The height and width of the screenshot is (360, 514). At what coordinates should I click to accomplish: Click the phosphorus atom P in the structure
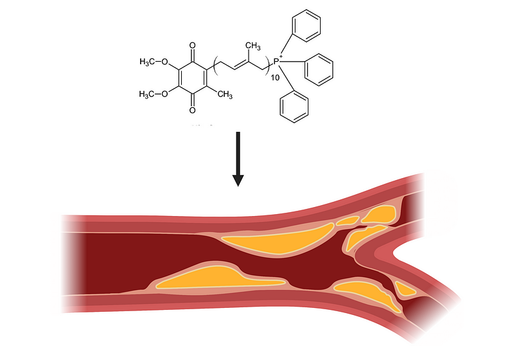276,61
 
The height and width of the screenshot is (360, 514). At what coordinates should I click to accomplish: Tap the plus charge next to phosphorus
281,57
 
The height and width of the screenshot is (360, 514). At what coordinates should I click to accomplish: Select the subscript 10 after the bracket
276,78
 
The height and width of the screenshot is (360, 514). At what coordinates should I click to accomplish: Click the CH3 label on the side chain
253,46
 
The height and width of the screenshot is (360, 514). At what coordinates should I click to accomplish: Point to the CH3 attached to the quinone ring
225,94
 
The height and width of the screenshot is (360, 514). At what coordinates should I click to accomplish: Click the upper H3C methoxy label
146,62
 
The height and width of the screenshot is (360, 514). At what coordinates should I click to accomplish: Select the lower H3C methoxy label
146,94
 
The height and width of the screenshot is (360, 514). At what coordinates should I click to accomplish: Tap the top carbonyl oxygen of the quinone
192,45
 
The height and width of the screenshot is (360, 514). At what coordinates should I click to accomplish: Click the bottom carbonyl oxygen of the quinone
192,110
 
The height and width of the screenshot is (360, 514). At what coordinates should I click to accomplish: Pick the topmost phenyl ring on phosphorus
306,26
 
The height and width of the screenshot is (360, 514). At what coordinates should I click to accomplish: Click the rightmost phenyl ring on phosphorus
319,70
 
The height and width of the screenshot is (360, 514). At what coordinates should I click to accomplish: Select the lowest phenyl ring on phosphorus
294,107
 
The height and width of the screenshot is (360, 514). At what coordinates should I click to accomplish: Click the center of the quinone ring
192,78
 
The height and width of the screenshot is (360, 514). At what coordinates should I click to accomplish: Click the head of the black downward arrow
238,181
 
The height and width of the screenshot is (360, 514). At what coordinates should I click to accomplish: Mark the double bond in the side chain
241,66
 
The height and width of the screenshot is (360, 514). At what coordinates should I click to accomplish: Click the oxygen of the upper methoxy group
164,62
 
